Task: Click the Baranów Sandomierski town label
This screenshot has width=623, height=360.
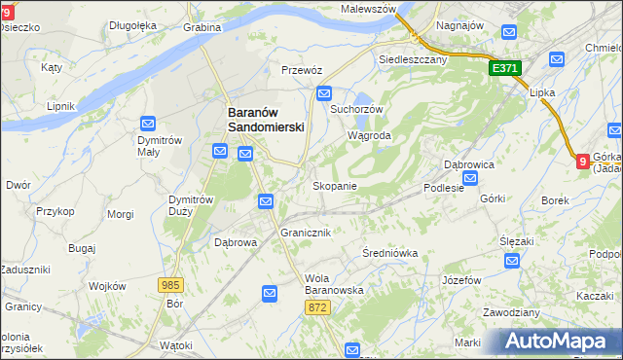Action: click(x=266, y=119)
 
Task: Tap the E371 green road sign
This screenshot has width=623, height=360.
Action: click(x=506, y=69)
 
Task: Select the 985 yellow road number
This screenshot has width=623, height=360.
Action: click(x=171, y=284)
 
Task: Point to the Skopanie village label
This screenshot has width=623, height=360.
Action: click(x=334, y=186)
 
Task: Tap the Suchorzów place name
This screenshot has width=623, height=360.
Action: click(x=358, y=109)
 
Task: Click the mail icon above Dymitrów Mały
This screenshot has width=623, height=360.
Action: click(x=148, y=124)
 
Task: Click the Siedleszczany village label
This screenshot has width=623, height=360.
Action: click(x=411, y=58)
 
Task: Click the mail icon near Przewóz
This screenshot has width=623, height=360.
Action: click(x=323, y=93)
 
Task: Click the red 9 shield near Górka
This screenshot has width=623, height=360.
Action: click(x=582, y=162)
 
